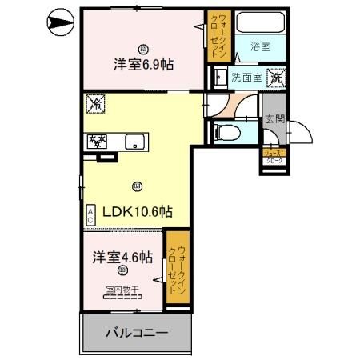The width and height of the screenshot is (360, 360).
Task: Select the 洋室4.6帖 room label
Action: [121, 258]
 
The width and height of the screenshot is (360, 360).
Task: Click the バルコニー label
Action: [137, 333]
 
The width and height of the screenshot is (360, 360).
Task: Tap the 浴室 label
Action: [259, 46]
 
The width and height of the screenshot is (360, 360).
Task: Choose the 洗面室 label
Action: [246, 78]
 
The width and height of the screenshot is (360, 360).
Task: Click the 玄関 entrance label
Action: [275, 120]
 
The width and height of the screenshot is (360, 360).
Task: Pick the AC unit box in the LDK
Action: [91, 214]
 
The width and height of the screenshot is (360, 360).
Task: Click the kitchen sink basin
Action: [134, 144]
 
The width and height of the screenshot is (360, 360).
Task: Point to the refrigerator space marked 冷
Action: [94, 103]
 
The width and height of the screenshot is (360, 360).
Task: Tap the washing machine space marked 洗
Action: [275, 78]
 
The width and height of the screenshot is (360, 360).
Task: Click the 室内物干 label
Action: [122, 289]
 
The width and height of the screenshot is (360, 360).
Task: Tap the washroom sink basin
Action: [218, 78]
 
